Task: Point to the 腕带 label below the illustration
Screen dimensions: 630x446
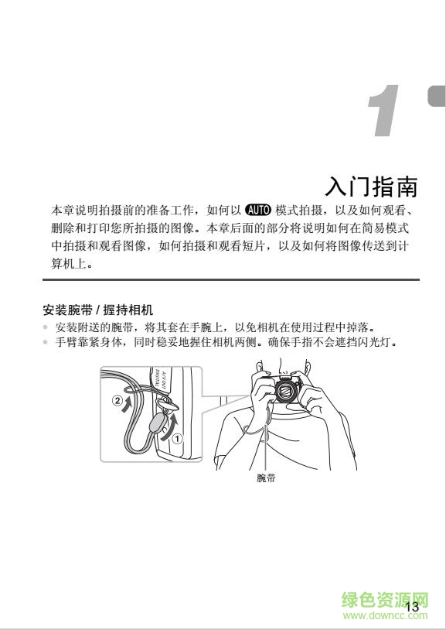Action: click(266, 478)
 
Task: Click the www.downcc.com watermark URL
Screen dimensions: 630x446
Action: click(384, 616)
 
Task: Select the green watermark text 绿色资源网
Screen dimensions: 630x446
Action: click(384, 601)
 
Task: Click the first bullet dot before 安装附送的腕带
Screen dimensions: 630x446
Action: click(45, 327)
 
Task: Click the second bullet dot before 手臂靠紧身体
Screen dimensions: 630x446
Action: click(45, 342)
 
